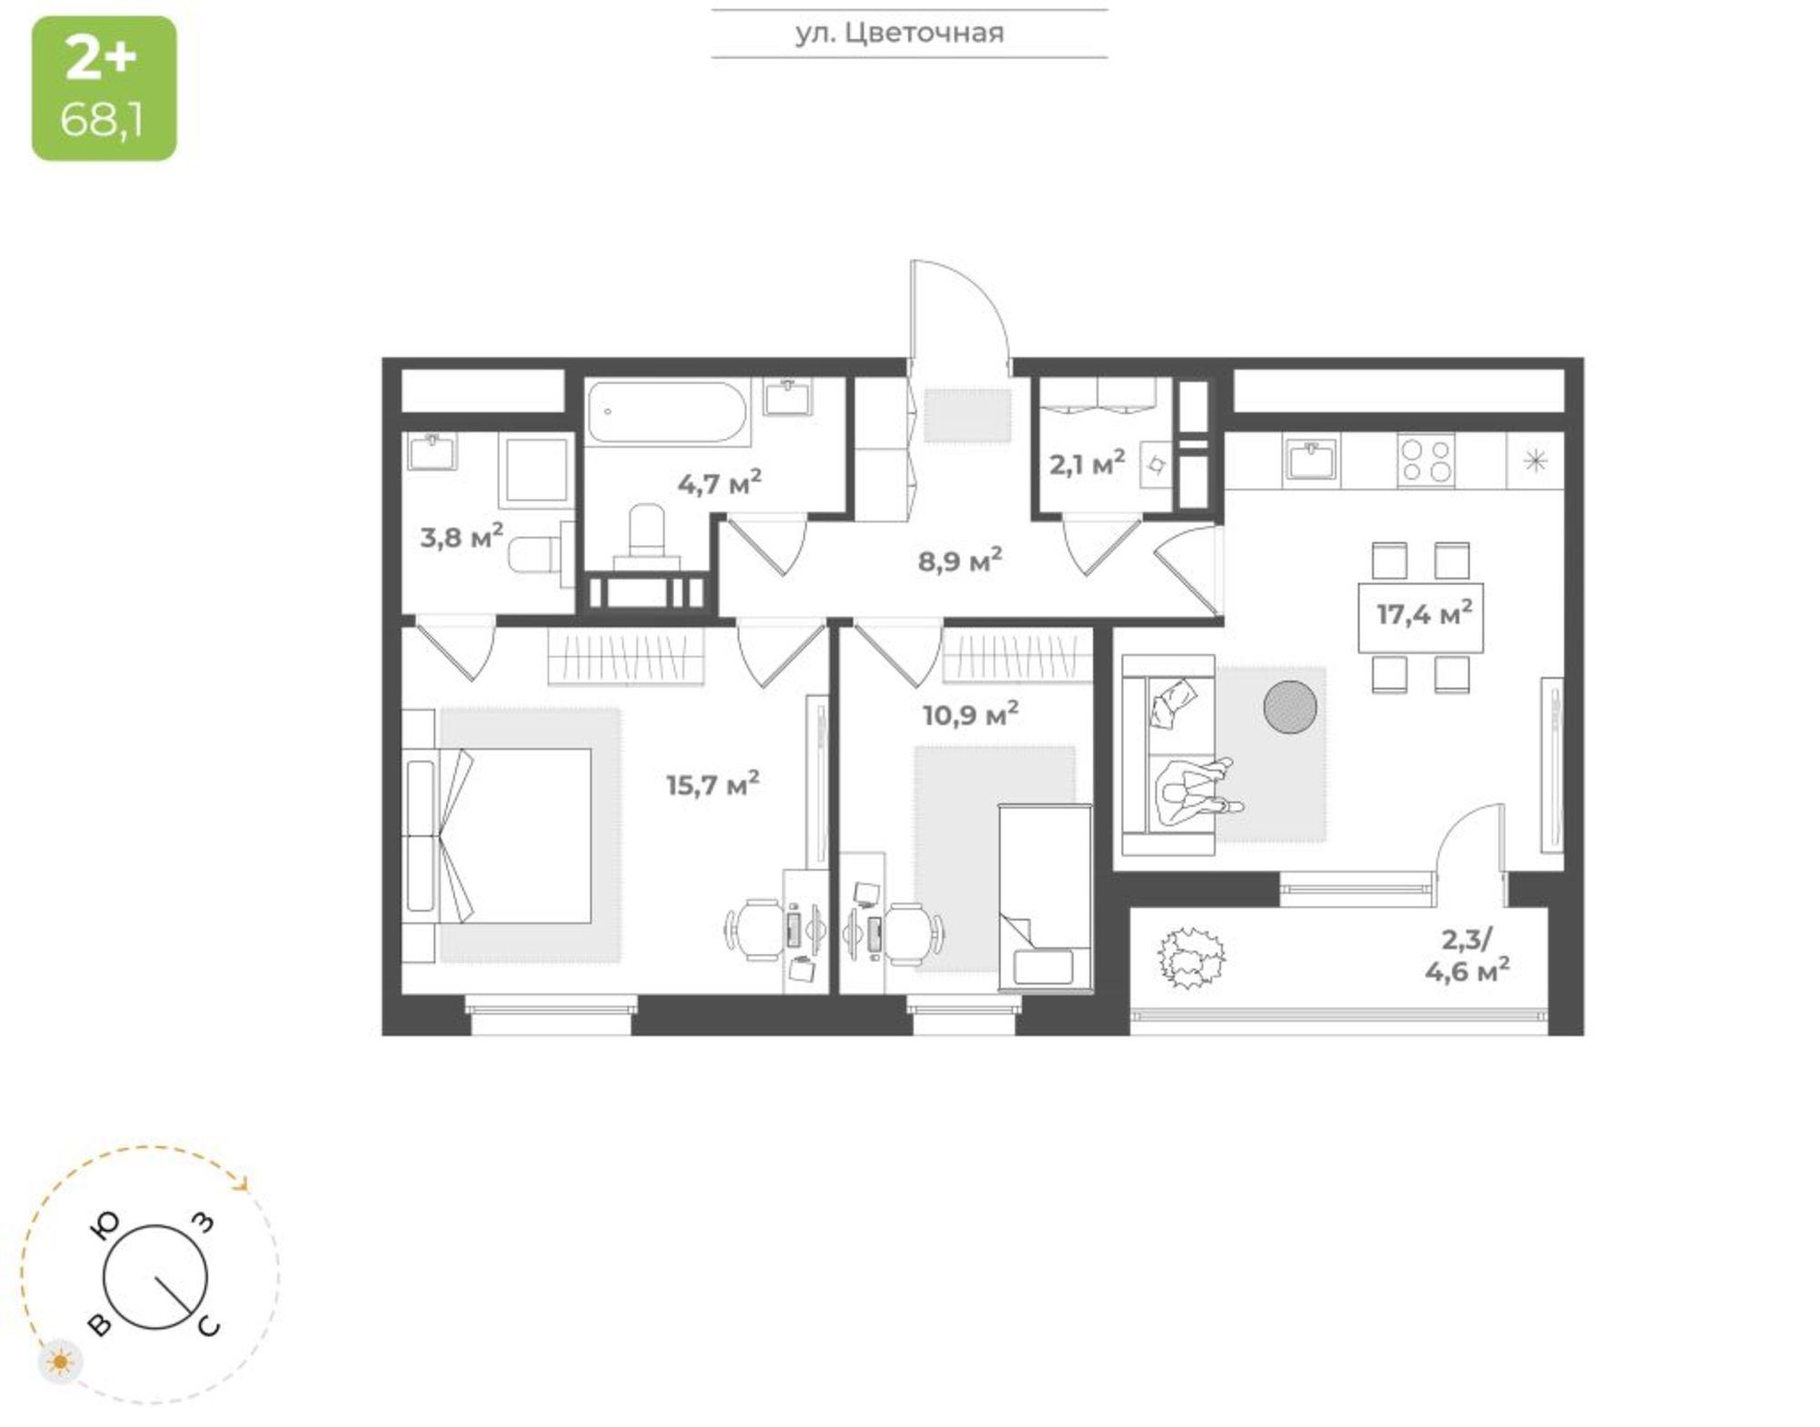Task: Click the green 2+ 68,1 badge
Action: click(105, 88)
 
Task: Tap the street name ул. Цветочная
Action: click(900, 34)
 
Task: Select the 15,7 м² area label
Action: click(713, 784)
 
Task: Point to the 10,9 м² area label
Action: click(971, 714)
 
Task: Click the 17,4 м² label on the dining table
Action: click(1424, 614)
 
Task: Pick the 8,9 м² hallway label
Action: click(960, 561)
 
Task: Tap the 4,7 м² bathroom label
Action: click(719, 483)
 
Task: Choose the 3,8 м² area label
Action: click(461, 537)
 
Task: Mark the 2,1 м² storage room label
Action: click(1087, 464)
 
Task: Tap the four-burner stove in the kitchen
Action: click(1426, 460)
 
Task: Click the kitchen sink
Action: click(1312, 458)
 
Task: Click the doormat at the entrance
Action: click(968, 416)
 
